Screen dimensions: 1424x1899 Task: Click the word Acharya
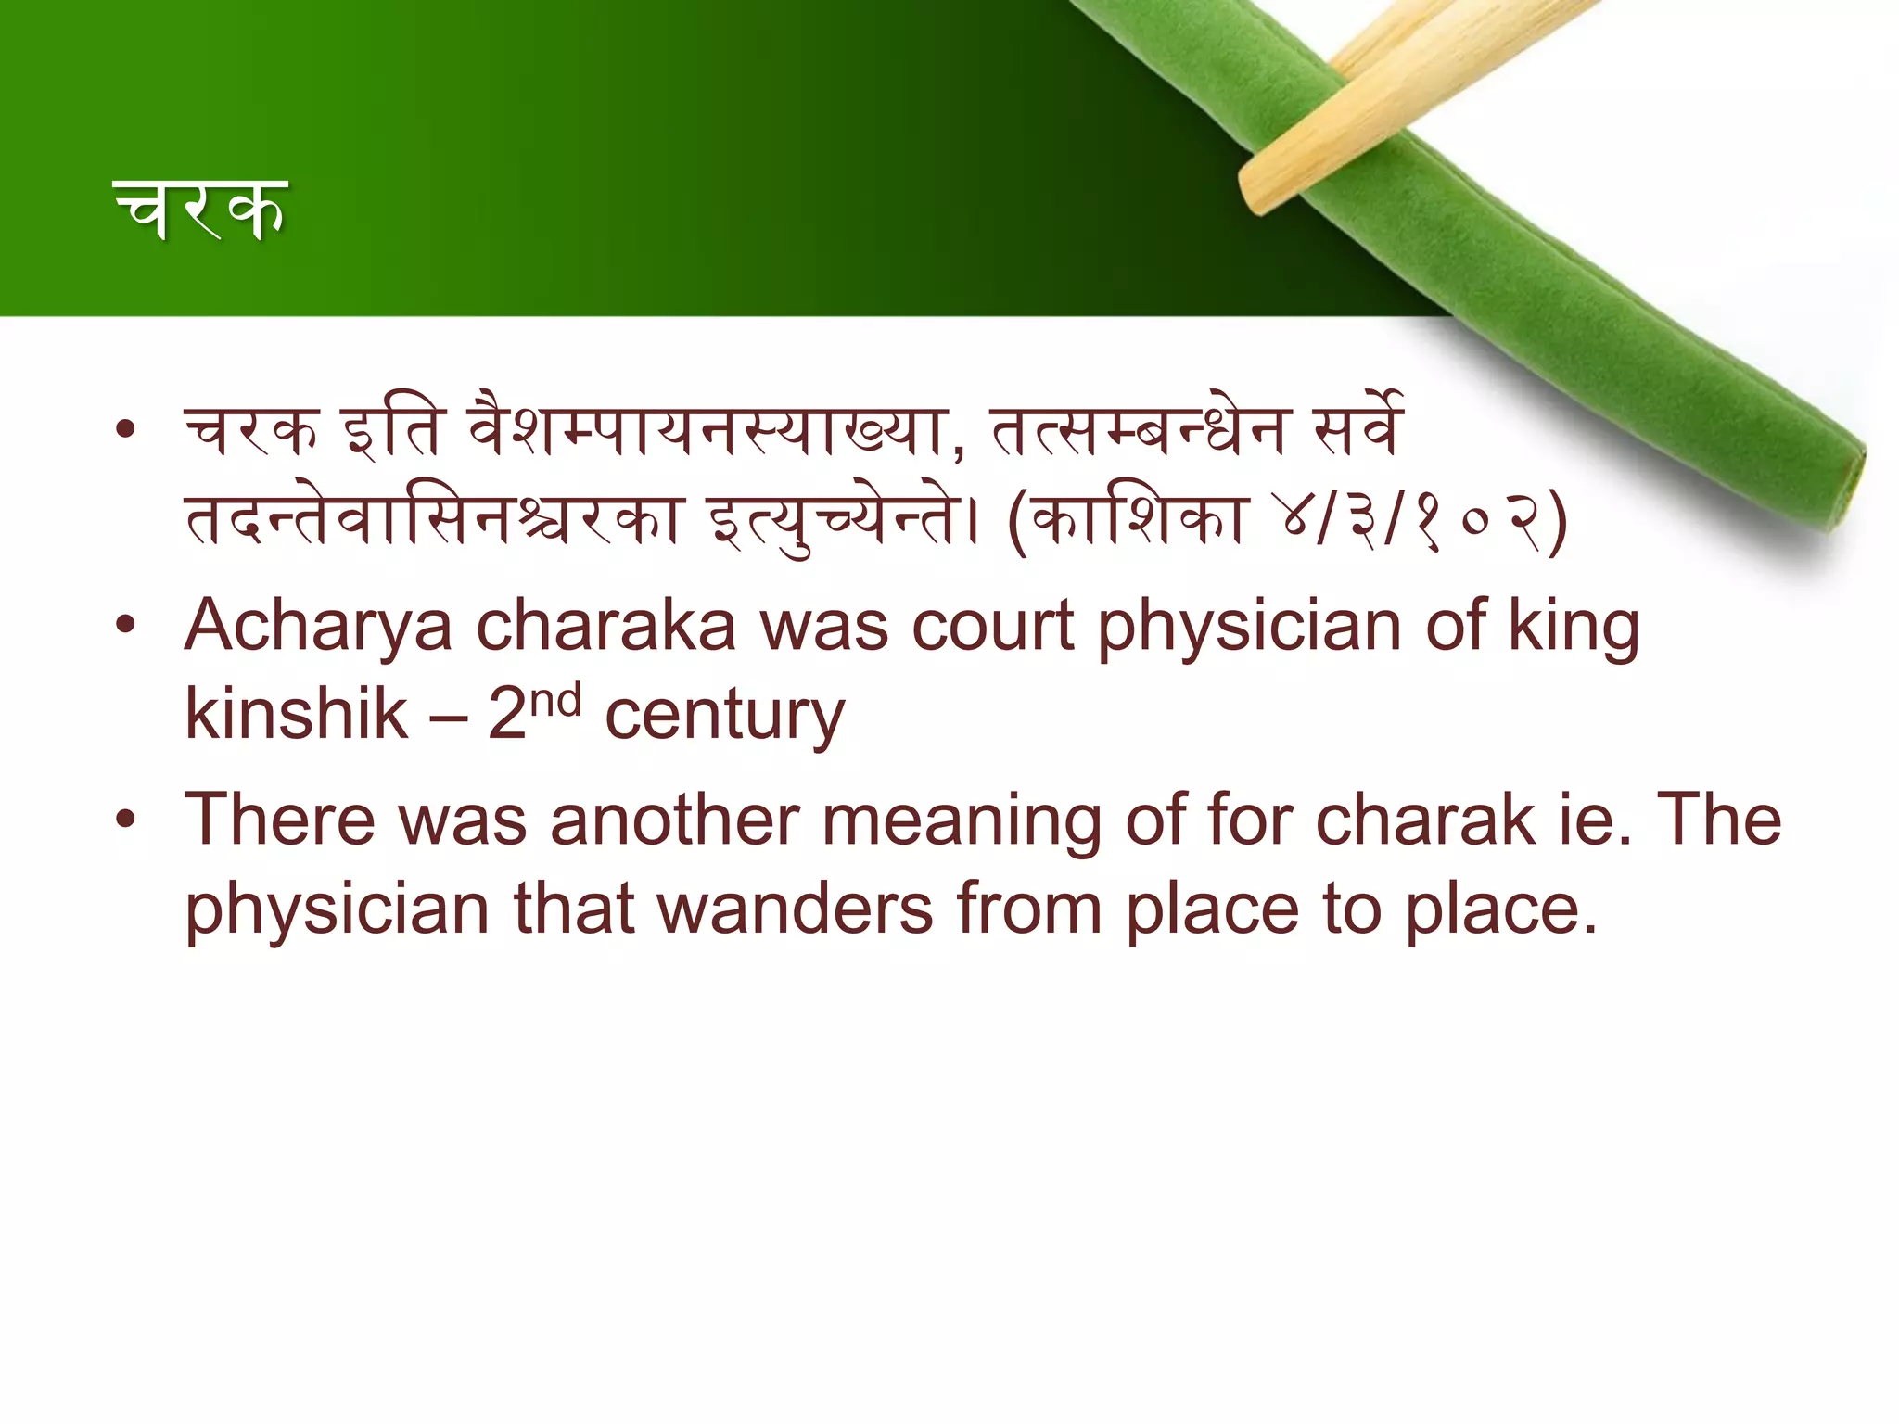(318, 628)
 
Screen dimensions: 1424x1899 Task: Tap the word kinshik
(296, 715)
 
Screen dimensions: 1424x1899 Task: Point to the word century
(724, 717)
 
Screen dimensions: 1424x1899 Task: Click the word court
(993, 628)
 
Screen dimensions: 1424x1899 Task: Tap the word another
(674, 820)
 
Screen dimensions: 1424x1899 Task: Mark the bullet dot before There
(126, 819)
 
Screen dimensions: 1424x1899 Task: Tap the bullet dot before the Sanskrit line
(126, 429)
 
